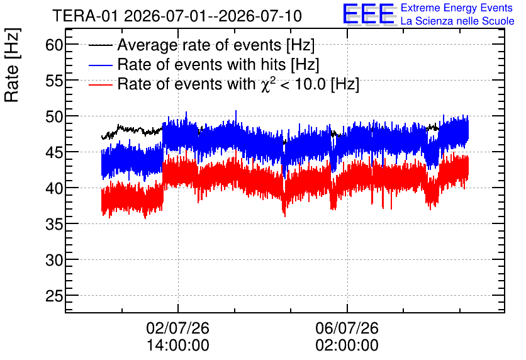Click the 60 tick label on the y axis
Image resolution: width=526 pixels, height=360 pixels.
point(54,45)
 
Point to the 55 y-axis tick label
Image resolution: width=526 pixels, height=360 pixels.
point(54,81)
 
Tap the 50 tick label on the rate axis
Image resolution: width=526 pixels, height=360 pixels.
point(54,116)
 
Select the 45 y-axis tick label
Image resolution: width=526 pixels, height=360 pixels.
point(54,152)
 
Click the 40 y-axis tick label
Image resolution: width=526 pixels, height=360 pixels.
point(54,188)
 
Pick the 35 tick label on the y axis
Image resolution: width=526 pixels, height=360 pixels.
point(54,224)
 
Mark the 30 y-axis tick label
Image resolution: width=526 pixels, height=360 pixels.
point(54,260)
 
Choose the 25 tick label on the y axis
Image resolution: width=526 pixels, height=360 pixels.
point(54,296)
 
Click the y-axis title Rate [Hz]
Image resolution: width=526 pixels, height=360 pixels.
point(12,65)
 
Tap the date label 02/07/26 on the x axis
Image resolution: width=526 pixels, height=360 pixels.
point(178,328)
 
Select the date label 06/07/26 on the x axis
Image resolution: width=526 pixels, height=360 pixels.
point(347,328)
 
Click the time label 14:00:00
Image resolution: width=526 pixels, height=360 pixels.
point(178,346)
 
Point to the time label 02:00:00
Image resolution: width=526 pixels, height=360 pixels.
point(347,346)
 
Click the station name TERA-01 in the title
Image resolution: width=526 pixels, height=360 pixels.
point(86,16)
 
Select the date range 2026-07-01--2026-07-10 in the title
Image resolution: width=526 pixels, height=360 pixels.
point(213,16)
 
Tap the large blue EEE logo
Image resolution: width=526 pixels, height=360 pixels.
point(369,14)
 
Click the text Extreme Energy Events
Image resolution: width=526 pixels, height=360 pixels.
point(457,8)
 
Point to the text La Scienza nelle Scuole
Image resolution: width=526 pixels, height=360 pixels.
point(457,21)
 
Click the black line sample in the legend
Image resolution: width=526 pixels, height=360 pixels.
point(100,45)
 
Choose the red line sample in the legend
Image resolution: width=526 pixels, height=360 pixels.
point(100,84)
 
